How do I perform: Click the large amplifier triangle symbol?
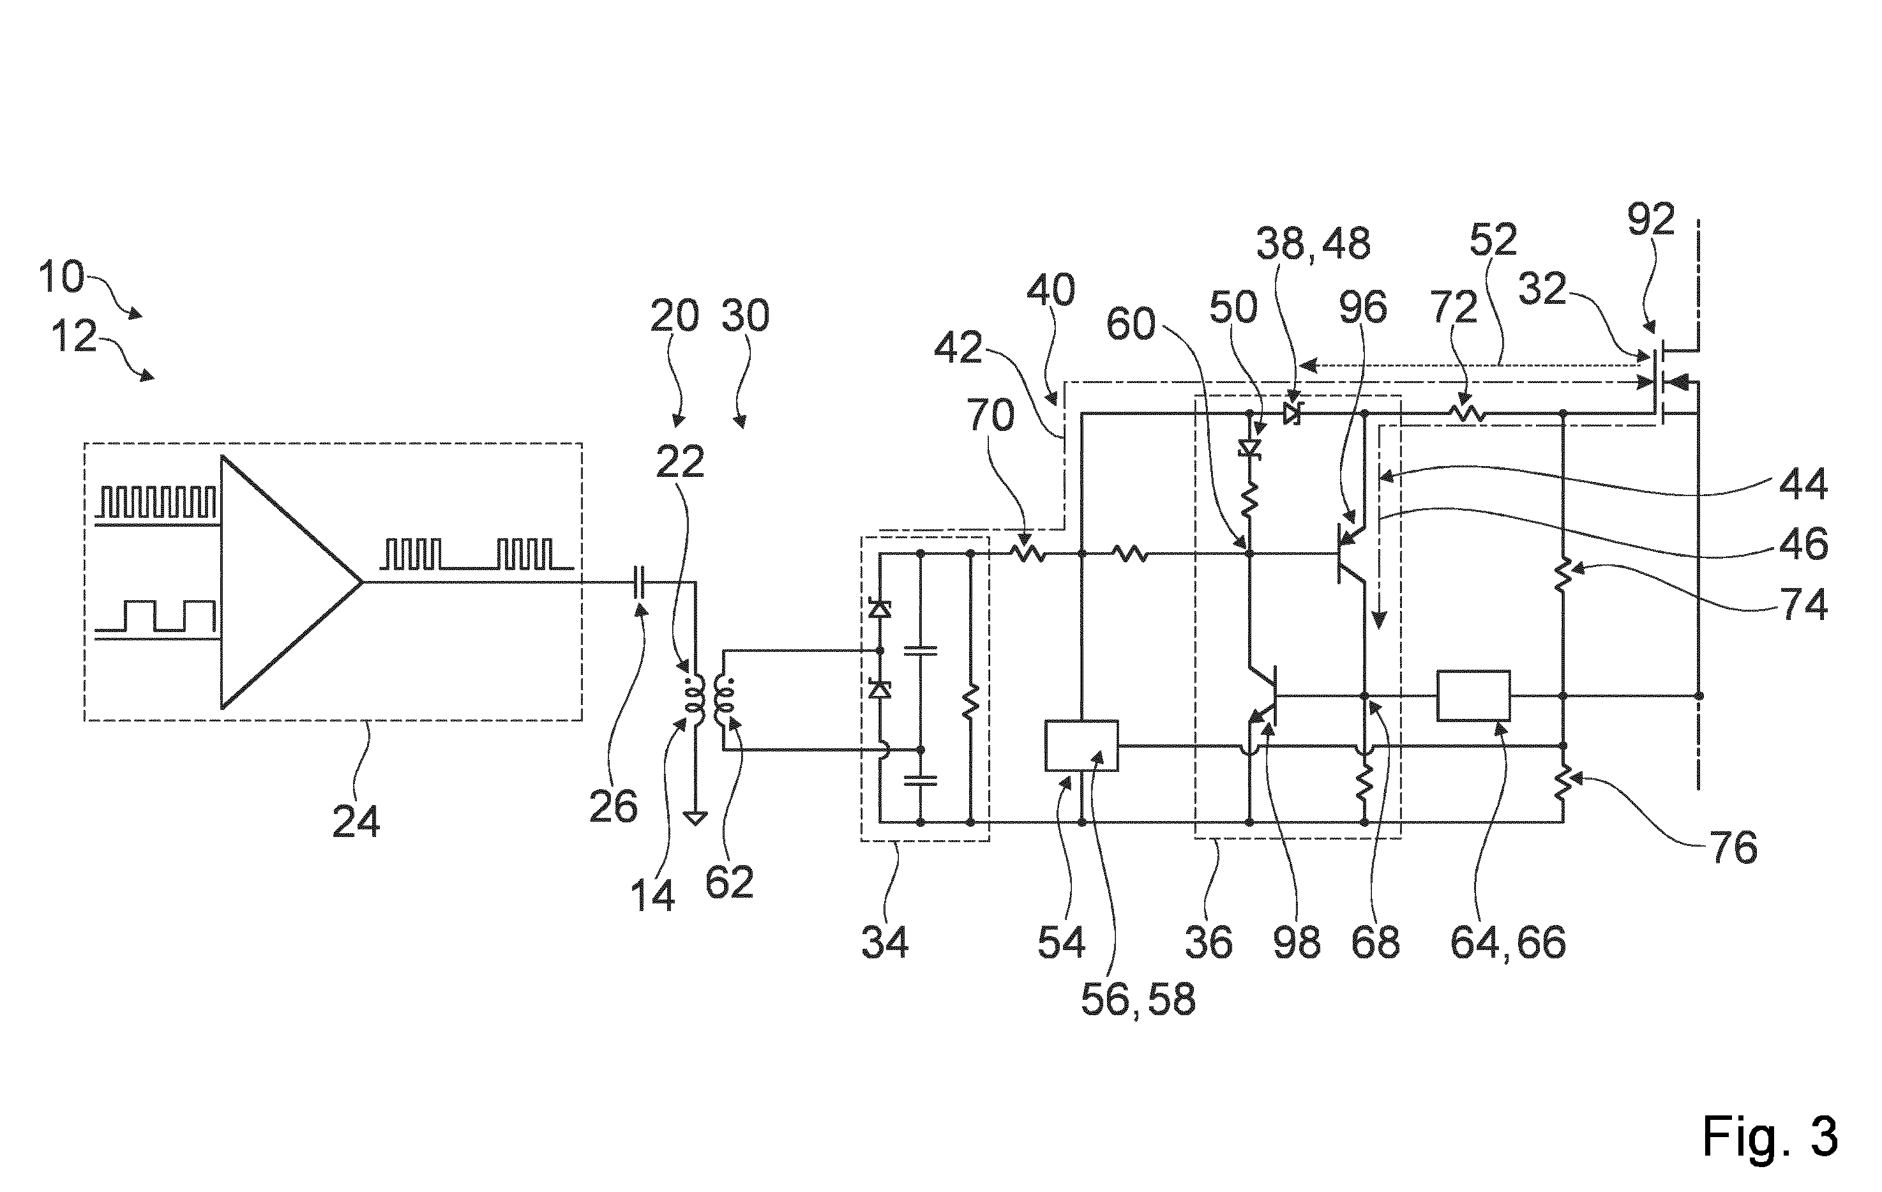290,582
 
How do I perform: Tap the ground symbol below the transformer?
695,819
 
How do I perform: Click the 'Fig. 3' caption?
1770,1137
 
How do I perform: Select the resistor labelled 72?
1466,412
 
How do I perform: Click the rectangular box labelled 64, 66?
1474,695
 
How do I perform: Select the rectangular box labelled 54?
1081,745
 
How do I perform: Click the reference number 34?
885,942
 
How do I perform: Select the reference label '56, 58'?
1138,999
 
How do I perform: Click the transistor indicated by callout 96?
1351,554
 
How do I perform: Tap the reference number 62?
729,882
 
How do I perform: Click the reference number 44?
1803,485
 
